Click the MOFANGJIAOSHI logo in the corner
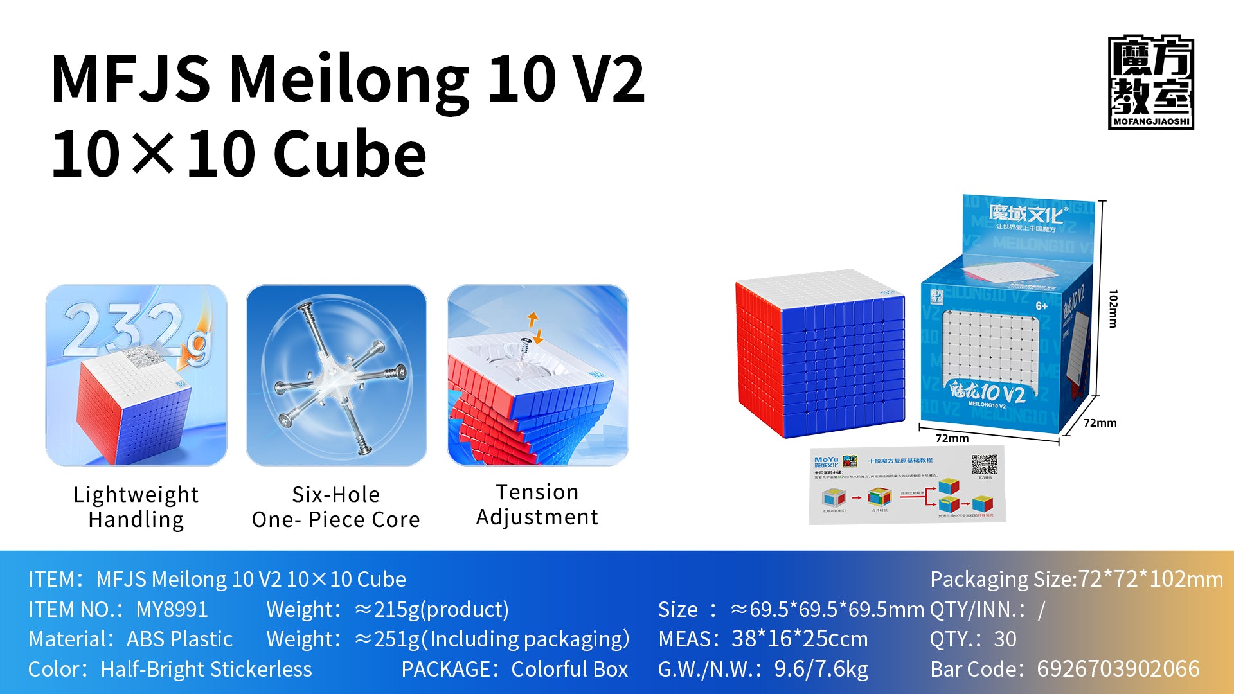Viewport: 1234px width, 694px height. click(x=1150, y=82)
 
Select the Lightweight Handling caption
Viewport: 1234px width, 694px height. click(x=136, y=506)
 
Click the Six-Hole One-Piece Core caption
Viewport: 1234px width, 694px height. click(x=335, y=506)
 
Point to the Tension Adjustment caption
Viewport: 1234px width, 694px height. click(x=537, y=504)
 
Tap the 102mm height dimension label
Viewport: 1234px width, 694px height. click(x=1113, y=308)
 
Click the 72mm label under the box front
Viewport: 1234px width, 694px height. click(x=952, y=438)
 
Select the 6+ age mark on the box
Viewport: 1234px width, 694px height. click(x=1041, y=306)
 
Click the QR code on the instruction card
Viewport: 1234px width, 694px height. click(x=984, y=465)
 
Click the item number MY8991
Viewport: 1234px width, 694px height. click(x=172, y=609)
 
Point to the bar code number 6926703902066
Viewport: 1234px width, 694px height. click(x=1118, y=669)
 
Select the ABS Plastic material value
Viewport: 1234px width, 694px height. click(x=179, y=639)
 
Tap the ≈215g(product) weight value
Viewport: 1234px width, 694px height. click(x=431, y=609)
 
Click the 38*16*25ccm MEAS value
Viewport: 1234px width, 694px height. click(x=799, y=639)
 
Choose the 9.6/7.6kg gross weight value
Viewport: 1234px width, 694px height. click(x=820, y=669)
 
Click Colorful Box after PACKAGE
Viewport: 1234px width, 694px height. click(x=569, y=669)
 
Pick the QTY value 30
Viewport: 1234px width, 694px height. click(x=1005, y=639)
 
